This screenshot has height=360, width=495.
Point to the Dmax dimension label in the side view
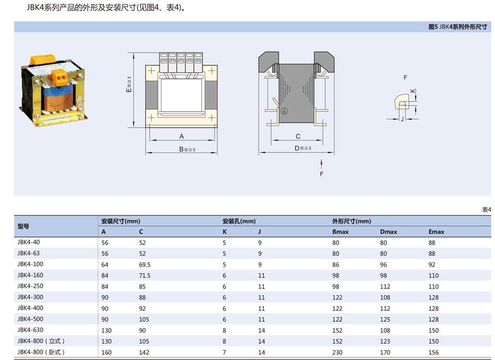pyautogui.click(x=303, y=148)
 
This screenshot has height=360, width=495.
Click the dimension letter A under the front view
pyautogui.click(x=181, y=136)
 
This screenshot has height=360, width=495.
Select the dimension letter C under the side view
pyautogui.click(x=298, y=136)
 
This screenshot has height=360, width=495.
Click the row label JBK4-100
pyautogui.click(x=31, y=265)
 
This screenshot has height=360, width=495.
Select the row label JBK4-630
pyautogui.click(x=31, y=330)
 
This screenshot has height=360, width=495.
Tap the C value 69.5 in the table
pyautogui.click(x=145, y=265)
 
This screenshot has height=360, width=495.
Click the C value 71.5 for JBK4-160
pyautogui.click(x=145, y=275)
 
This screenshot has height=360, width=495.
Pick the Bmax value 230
pyautogui.click(x=337, y=352)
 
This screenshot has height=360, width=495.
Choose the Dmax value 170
pyautogui.click(x=385, y=352)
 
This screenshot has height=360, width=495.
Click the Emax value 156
pyautogui.click(x=433, y=352)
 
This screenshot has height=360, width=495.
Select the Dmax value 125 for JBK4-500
pyautogui.click(x=385, y=319)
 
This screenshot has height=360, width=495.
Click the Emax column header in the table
pyautogui.click(x=436, y=232)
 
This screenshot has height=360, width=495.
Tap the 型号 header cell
pyautogui.click(x=24, y=226)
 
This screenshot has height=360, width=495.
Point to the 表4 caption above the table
pyautogui.click(x=486, y=209)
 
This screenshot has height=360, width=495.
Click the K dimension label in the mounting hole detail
pyautogui.click(x=412, y=92)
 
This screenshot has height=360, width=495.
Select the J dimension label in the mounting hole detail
pyautogui.click(x=401, y=118)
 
